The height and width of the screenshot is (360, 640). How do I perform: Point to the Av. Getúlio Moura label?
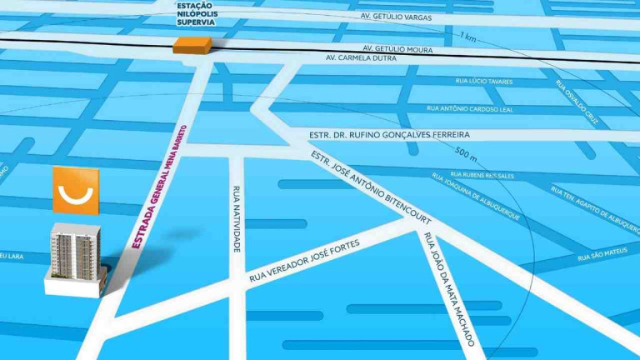(394, 48)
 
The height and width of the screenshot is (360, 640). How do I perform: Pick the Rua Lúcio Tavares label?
(484, 82)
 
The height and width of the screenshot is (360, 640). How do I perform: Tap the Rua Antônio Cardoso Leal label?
(470, 107)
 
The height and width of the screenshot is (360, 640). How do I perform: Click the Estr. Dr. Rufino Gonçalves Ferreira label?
(377, 134)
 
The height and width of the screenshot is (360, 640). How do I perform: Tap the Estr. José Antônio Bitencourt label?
(370, 188)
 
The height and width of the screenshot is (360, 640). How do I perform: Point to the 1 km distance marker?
(467, 36)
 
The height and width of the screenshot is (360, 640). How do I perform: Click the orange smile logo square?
(76, 190)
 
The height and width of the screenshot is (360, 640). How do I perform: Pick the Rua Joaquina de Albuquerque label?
(475, 197)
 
